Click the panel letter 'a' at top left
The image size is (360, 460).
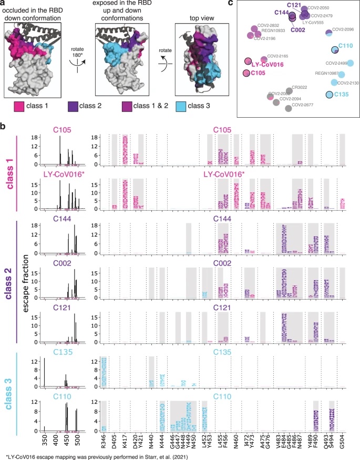(3, 4)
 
